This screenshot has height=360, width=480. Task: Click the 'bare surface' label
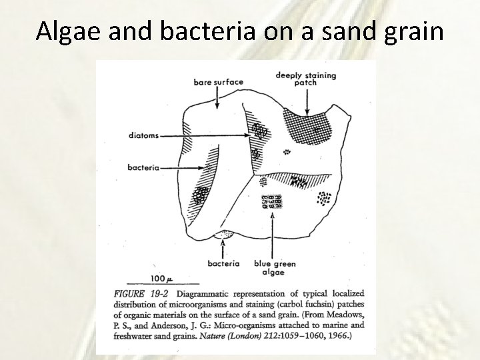point(218,82)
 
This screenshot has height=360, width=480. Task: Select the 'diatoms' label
point(143,136)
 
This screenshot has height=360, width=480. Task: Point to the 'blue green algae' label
point(275,268)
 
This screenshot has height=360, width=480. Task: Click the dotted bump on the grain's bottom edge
point(224,234)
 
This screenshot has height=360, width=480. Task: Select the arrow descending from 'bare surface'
point(218,98)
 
